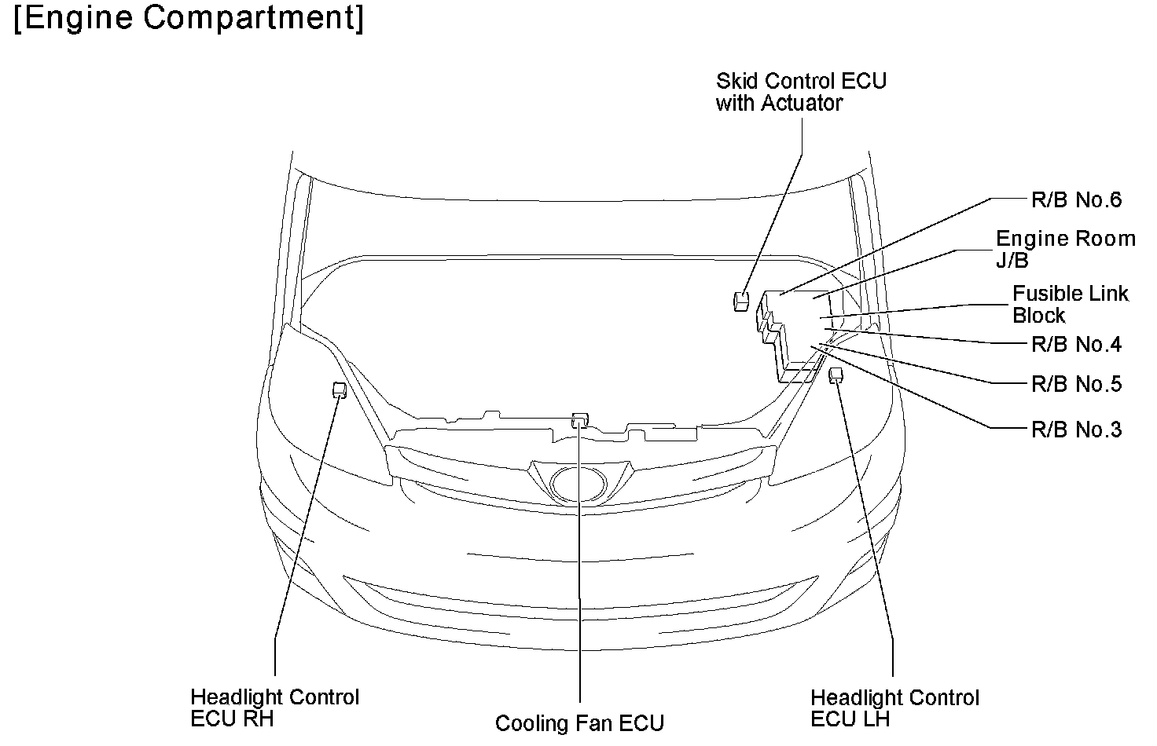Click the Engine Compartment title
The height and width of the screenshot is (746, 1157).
(x=189, y=19)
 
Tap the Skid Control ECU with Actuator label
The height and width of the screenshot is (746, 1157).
(x=800, y=92)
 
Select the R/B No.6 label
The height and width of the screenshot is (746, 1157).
(x=1076, y=200)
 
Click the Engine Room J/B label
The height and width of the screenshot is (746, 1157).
(x=1065, y=249)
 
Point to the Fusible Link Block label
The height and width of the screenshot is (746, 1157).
(x=1070, y=305)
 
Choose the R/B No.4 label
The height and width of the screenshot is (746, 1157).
(x=1076, y=345)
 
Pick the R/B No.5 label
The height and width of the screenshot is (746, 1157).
(x=1076, y=385)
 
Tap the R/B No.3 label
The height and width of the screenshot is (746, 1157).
(x=1076, y=430)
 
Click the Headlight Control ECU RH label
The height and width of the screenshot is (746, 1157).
(x=274, y=708)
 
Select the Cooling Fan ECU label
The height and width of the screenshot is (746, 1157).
(x=579, y=723)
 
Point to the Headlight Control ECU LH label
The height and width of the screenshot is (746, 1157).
(x=894, y=708)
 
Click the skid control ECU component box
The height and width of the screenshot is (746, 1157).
(x=740, y=301)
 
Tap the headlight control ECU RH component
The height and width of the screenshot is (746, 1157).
(x=340, y=390)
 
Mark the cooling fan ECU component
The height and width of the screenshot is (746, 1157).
(x=580, y=419)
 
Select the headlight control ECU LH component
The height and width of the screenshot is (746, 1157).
(x=836, y=374)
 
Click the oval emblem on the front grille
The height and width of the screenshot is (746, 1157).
(x=579, y=483)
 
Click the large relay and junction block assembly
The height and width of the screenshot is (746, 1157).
(x=794, y=330)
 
